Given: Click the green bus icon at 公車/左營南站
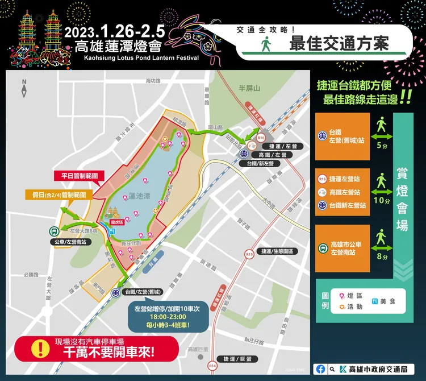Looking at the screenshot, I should (53, 231).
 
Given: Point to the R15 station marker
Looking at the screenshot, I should (249, 255).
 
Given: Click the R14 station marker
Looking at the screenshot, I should (212, 365).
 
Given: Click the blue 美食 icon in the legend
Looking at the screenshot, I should (374, 300).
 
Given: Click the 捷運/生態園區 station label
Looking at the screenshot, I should (277, 251).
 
